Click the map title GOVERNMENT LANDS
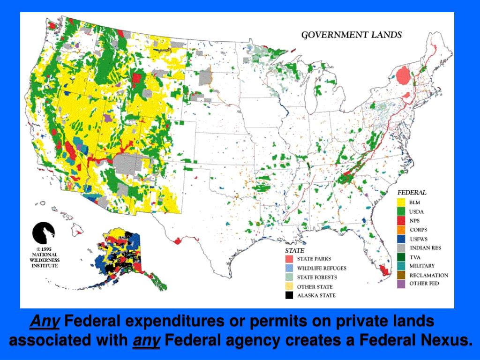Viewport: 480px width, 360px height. (x=351, y=34)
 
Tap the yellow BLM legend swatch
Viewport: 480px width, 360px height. (x=401, y=202)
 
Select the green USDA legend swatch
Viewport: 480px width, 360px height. (x=401, y=211)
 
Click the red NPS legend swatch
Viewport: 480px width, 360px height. (x=401, y=221)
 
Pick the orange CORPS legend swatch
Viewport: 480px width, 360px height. (x=401, y=230)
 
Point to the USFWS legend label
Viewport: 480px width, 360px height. (x=419, y=239)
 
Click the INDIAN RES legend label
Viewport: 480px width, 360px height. (x=425, y=248)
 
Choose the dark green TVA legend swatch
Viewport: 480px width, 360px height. (x=401, y=257)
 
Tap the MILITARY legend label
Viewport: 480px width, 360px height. (x=422, y=266)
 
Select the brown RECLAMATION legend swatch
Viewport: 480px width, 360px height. (x=401, y=275)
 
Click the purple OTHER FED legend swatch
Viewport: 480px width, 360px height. (x=401, y=284)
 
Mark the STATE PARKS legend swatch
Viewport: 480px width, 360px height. (x=289, y=259)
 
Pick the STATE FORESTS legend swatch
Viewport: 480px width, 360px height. (x=289, y=277)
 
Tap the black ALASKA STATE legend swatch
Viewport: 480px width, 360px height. (x=289, y=295)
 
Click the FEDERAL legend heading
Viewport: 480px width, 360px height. (x=412, y=192)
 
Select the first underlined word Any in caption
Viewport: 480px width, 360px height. (x=45, y=322)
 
